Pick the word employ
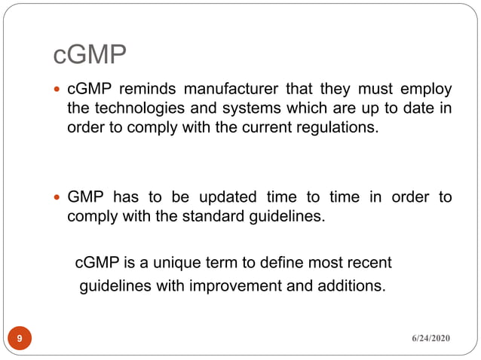pos(429,90)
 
